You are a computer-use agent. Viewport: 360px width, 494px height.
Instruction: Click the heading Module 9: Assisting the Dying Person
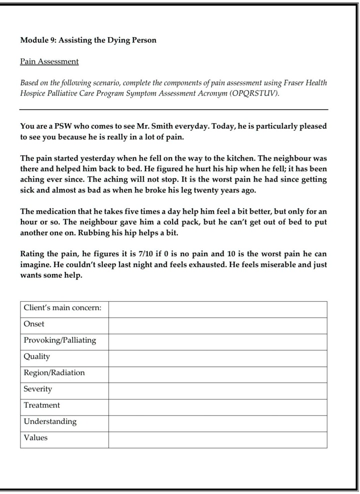[88, 40]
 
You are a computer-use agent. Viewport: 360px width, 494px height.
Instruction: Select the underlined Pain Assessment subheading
[49, 62]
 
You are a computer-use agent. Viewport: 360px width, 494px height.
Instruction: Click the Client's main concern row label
[62, 308]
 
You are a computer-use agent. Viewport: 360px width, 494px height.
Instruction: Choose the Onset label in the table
[34, 324]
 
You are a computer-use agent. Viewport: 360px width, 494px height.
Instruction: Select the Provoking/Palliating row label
[59, 340]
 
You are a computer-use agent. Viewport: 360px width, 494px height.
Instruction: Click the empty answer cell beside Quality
[217, 357]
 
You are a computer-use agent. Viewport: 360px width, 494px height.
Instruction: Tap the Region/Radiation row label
[54, 373]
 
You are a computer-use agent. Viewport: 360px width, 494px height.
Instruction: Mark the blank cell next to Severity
[217, 389]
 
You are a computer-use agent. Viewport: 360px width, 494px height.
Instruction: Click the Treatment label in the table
[41, 405]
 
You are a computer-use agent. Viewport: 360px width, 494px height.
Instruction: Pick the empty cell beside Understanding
[217, 422]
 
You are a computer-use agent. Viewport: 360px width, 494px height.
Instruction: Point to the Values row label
[35, 438]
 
